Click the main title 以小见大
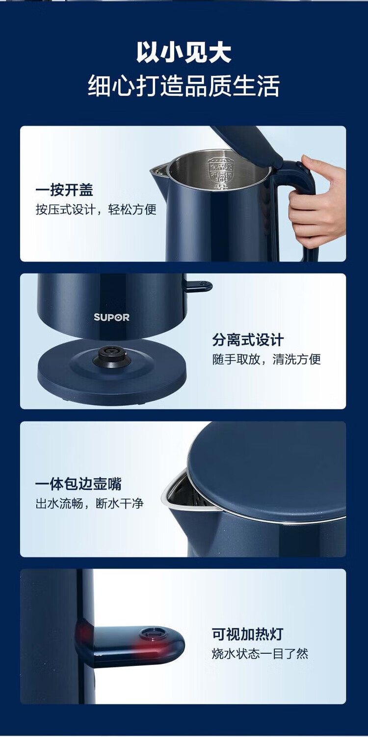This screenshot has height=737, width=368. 184,52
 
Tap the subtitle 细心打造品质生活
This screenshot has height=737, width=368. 184,86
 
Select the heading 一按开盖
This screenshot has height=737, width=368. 64,190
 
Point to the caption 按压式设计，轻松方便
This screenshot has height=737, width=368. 96,209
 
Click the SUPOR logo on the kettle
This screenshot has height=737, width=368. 111,317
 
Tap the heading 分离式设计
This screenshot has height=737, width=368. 248,340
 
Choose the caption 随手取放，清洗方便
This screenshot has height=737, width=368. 266,359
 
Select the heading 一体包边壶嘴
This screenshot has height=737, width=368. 79,484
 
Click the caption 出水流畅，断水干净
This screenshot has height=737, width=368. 90,503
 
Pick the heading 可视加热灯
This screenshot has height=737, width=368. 247,634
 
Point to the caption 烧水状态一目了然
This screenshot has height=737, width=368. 260,653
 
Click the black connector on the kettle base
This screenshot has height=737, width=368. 109,356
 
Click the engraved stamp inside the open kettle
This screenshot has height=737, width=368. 220,173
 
